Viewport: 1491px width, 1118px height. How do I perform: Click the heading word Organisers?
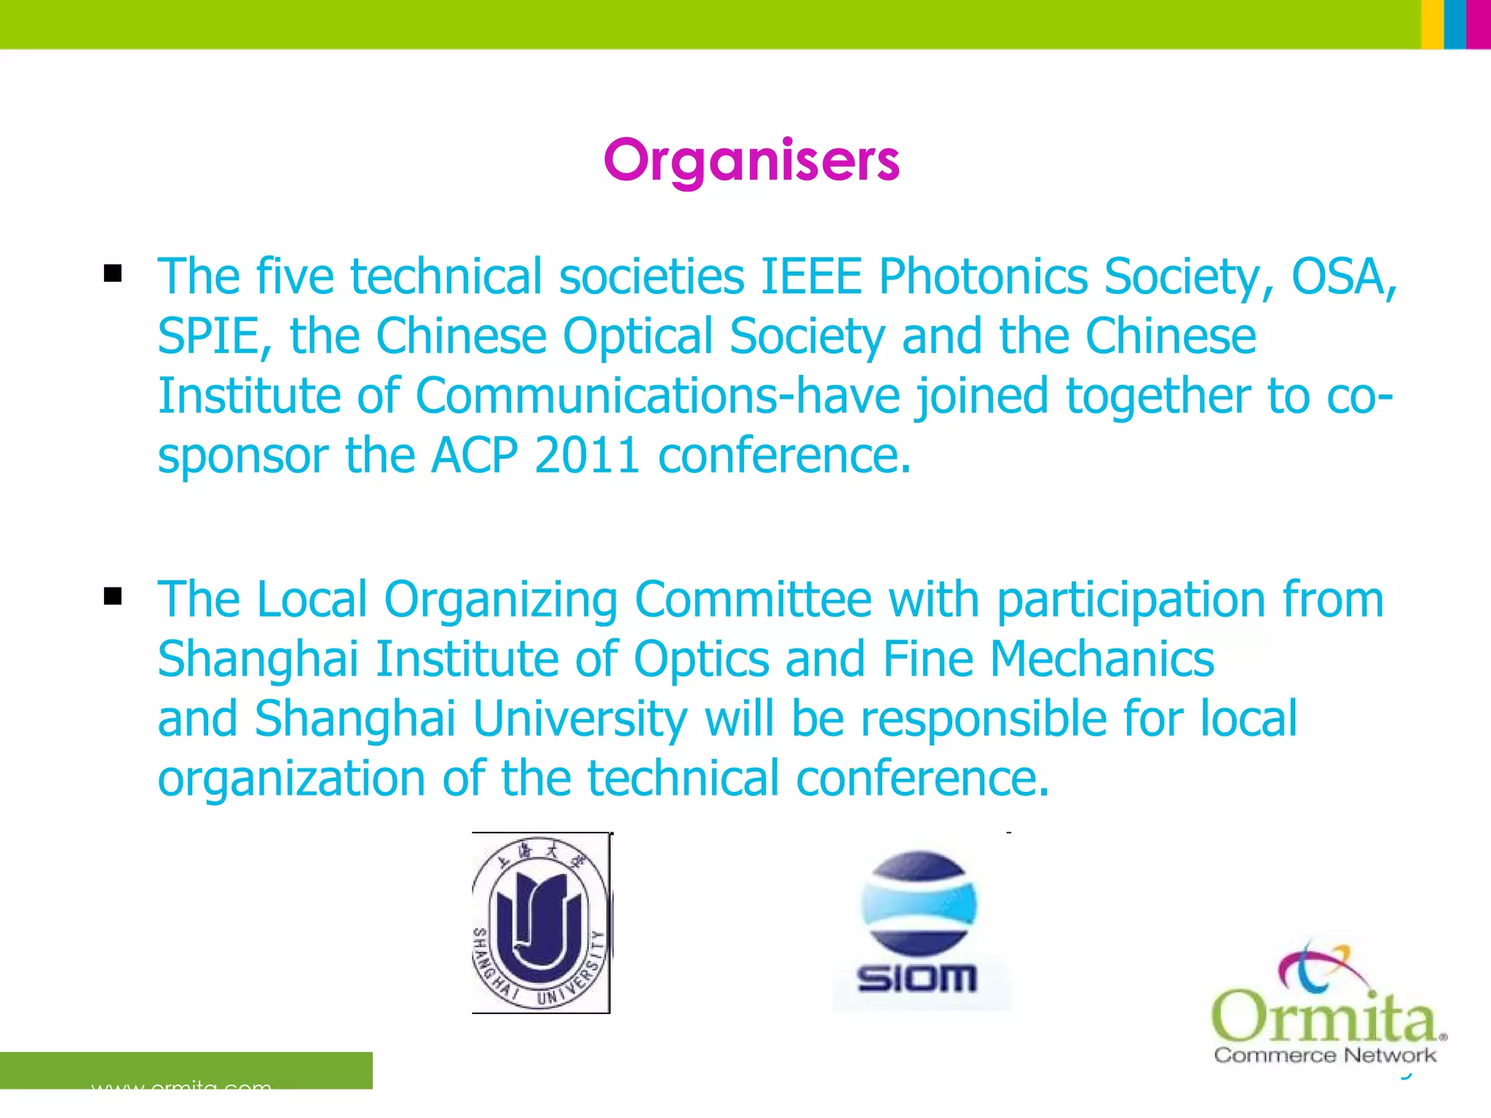click(x=751, y=161)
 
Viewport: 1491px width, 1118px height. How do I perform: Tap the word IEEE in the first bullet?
click(x=811, y=277)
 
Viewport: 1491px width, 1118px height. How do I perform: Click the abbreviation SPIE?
click(x=207, y=337)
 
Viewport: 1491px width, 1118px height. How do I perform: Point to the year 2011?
click(x=587, y=456)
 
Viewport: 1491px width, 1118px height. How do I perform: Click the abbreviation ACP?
click(x=474, y=456)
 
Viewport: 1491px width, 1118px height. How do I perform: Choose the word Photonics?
click(x=983, y=277)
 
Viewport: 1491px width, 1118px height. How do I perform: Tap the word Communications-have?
click(x=658, y=397)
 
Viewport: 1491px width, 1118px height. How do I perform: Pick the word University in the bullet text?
click(x=580, y=720)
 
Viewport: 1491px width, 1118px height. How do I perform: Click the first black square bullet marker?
click(x=113, y=274)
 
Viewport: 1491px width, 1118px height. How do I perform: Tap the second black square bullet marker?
click(x=113, y=597)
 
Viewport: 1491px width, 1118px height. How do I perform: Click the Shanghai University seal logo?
click(x=541, y=922)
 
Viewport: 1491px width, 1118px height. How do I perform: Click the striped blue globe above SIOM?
click(x=919, y=903)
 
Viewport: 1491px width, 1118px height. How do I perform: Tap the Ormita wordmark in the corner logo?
click(x=1324, y=1015)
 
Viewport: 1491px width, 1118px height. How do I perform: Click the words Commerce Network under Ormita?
click(x=1324, y=1055)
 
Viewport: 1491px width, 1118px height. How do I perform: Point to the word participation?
click(x=1131, y=600)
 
